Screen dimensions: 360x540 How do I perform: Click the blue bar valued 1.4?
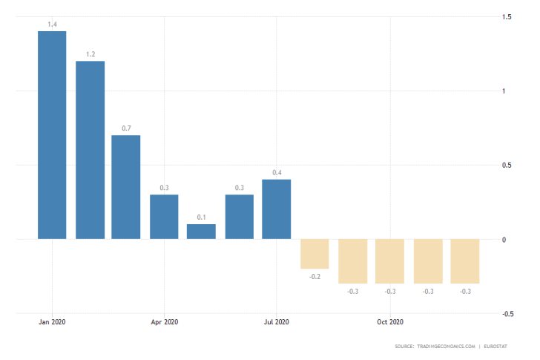point(52,135)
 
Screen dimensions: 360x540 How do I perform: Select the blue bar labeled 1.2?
point(90,150)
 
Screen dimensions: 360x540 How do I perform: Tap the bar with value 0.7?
point(126,187)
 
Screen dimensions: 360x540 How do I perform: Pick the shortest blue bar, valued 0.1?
point(201,232)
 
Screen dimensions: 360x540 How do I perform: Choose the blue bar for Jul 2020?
point(276,209)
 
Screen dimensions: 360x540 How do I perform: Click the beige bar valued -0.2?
point(315,254)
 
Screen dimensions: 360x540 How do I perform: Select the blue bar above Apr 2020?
point(164,217)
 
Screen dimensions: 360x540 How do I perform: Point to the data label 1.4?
point(52,24)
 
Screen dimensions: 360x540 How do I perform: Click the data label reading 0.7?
point(126,128)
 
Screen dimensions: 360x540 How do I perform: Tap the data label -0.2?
point(315,276)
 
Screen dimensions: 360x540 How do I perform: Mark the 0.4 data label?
point(276,173)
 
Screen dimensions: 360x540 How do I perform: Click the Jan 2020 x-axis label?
point(52,322)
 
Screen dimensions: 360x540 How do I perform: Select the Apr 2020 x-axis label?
point(164,322)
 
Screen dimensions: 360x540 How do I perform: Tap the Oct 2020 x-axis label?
point(389,322)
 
